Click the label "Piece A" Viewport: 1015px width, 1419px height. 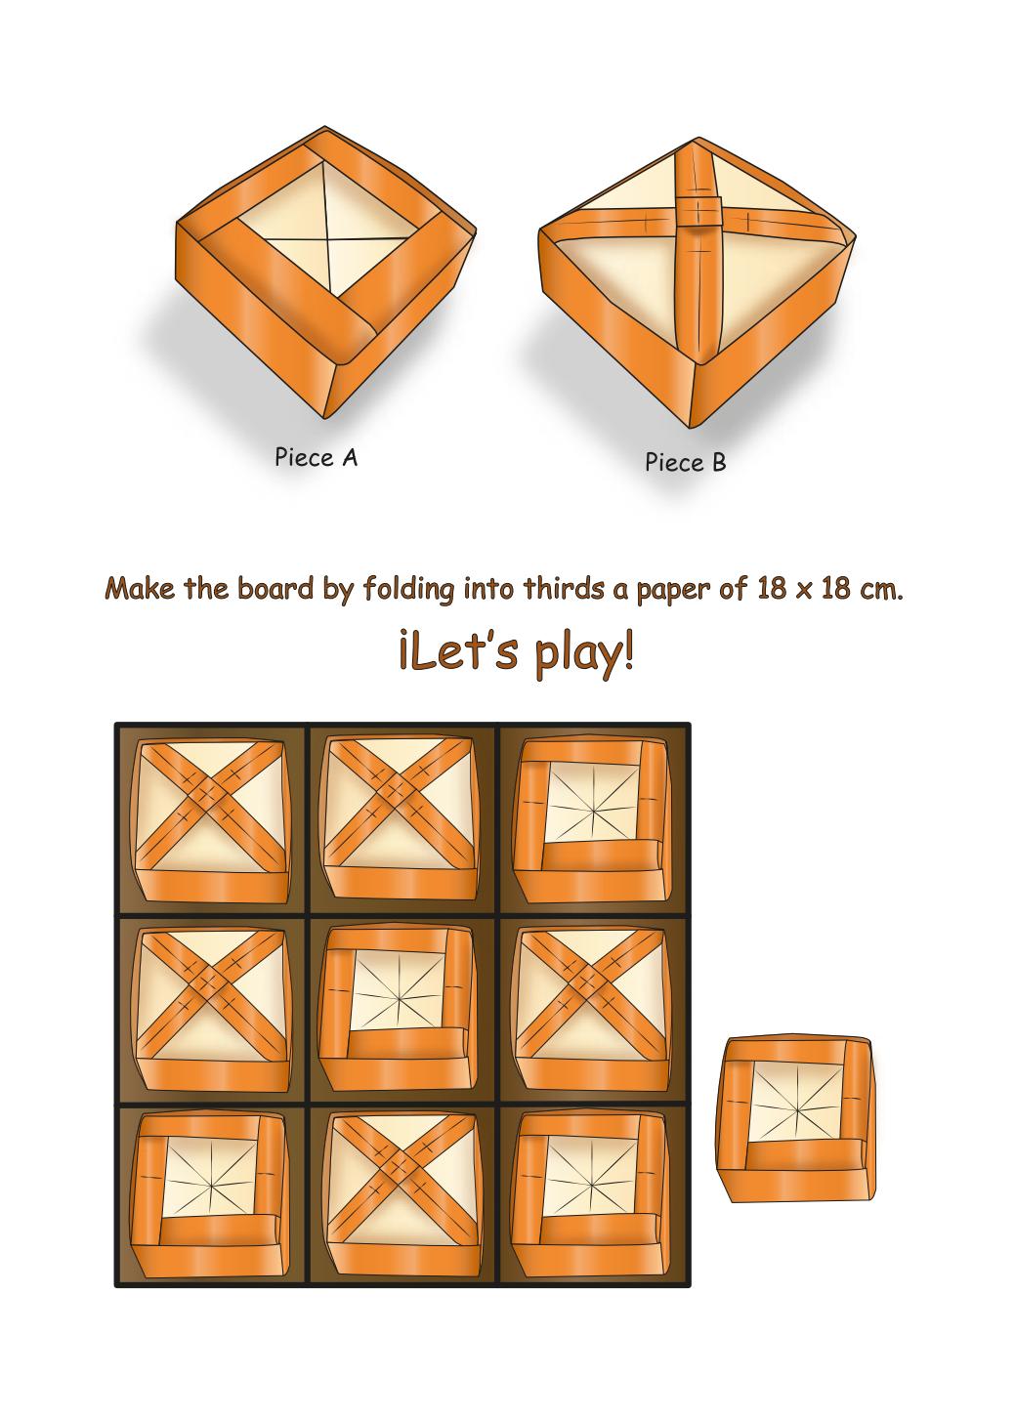tap(317, 457)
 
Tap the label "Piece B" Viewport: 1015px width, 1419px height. tap(686, 462)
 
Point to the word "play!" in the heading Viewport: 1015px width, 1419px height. tap(583, 653)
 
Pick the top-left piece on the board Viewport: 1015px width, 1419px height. tap(210, 820)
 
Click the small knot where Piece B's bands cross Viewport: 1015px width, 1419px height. tap(698, 210)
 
